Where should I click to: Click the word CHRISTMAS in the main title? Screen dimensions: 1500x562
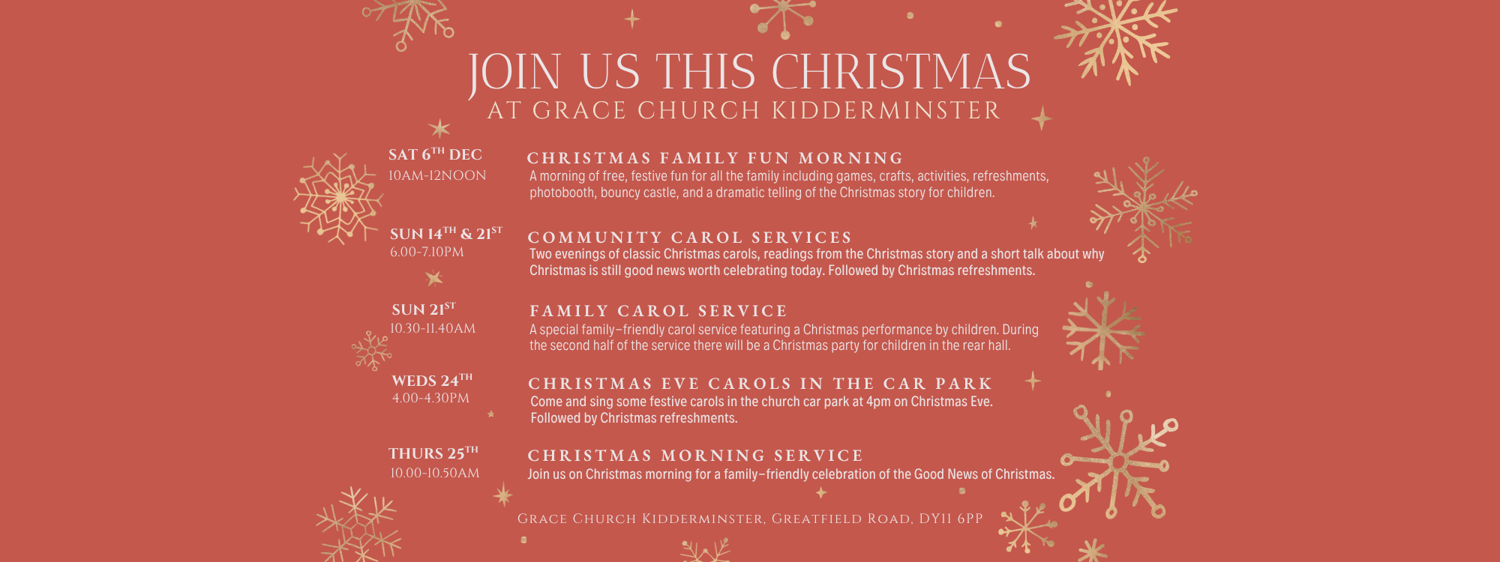coord(901,73)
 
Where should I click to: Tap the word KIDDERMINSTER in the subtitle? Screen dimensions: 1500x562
coord(886,111)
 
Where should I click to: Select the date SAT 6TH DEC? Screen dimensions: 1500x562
coord(435,154)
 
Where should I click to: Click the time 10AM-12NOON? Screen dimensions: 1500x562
coord(437,175)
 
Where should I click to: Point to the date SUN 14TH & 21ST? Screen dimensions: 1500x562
coord(446,234)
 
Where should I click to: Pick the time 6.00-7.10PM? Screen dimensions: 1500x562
coord(427,253)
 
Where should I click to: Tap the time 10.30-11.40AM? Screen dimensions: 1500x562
coord(433,328)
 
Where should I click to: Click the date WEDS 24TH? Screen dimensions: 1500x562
coord(432,380)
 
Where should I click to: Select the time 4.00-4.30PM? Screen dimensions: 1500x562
coord(430,398)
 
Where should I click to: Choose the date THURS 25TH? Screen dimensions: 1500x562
coord(433,453)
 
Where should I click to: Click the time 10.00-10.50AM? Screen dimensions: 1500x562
coord(434,473)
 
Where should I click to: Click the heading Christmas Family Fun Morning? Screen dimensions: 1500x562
coord(715,158)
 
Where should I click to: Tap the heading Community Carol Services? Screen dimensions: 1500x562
coord(690,238)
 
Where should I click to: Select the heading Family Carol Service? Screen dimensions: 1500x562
coord(658,311)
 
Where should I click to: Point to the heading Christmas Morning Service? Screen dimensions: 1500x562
coord(695,456)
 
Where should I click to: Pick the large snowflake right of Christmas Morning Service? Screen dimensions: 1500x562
coord(1118,462)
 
